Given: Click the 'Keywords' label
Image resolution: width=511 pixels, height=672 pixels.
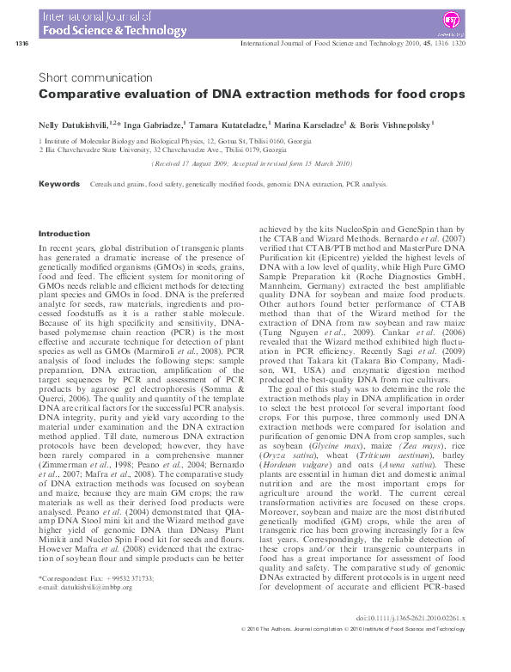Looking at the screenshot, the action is tap(61, 184).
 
